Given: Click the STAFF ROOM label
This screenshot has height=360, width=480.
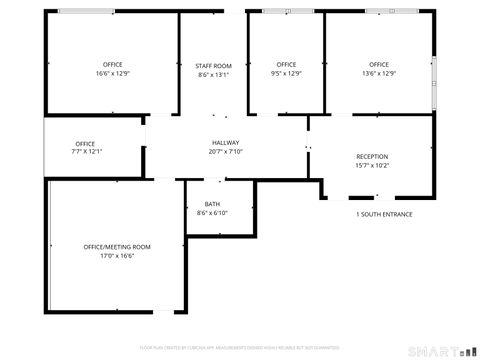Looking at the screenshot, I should [214, 65].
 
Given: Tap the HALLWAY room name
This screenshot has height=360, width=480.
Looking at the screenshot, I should [226, 143].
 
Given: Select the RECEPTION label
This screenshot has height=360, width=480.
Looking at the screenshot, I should [372, 157].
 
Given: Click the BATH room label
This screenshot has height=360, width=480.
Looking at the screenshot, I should [213, 204].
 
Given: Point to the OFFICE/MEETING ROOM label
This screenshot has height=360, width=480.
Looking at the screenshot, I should [117, 247].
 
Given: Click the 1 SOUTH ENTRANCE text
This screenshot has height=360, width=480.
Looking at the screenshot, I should [384, 214].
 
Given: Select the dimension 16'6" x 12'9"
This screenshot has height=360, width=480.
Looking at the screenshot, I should [113, 74].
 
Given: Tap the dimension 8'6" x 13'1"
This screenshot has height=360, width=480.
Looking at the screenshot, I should [214, 74].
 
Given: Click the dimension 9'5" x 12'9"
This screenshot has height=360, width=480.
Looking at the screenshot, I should [286, 74].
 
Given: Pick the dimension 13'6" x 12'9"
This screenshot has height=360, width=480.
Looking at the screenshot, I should [379, 74].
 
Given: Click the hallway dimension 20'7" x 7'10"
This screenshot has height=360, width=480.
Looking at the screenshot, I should [226, 152].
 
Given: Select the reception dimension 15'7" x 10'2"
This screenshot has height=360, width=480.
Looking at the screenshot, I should [372, 166].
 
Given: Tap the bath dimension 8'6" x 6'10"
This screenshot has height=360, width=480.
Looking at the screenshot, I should [213, 213].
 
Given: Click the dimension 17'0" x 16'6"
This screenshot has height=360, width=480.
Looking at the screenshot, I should [117, 256].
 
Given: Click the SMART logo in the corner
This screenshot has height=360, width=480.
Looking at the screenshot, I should [441, 350].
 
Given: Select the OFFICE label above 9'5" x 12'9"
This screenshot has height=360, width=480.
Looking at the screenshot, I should [286, 65].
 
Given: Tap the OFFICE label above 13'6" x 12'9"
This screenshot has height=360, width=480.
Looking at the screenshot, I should [379, 65].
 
